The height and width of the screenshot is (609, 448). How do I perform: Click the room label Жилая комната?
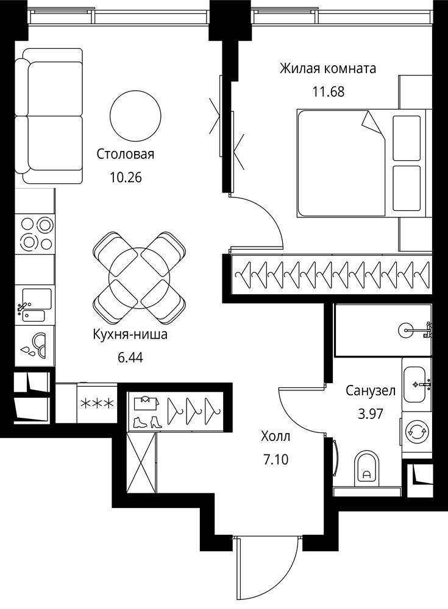click(x=328, y=69)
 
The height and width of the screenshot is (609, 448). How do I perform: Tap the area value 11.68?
click(x=329, y=92)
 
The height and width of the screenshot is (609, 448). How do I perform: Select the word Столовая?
click(x=125, y=154)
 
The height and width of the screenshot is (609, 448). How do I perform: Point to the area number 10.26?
click(x=126, y=177)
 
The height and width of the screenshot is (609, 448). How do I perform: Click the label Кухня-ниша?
click(x=130, y=334)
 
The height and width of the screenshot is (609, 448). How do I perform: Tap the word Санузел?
click(x=371, y=391)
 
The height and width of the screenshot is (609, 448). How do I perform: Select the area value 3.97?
click(x=371, y=414)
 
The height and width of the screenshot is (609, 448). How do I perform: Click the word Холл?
click(x=276, y=437)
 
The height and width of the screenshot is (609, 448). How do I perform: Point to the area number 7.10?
click(x=276, y=460)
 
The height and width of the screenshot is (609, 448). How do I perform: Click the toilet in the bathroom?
click(x=367, y=469)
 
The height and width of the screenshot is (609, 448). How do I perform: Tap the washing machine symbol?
click(x=416, y=431)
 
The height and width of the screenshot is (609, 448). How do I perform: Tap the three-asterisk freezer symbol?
click(x=97, y=403)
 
